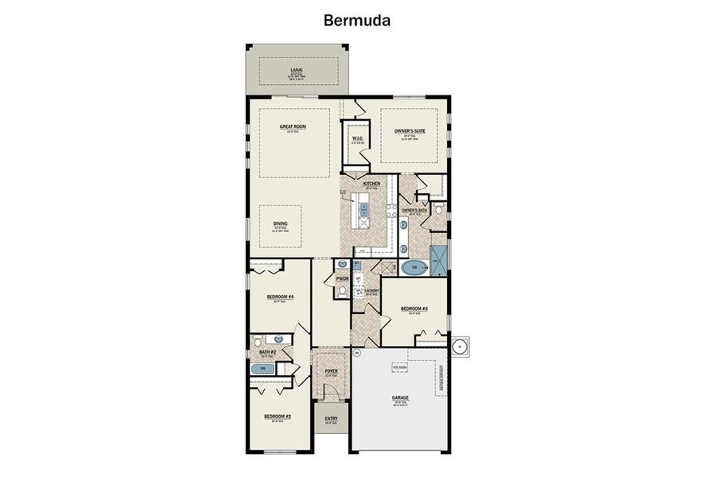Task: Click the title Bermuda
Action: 357,20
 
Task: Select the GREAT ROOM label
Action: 293,126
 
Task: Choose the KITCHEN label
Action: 371,184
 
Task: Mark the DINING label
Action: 282,224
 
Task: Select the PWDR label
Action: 343,279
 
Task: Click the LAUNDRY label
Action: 371,291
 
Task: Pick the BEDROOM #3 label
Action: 414,308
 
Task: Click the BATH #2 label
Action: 267,351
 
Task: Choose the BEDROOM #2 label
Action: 278,417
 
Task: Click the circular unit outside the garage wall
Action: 460,346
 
